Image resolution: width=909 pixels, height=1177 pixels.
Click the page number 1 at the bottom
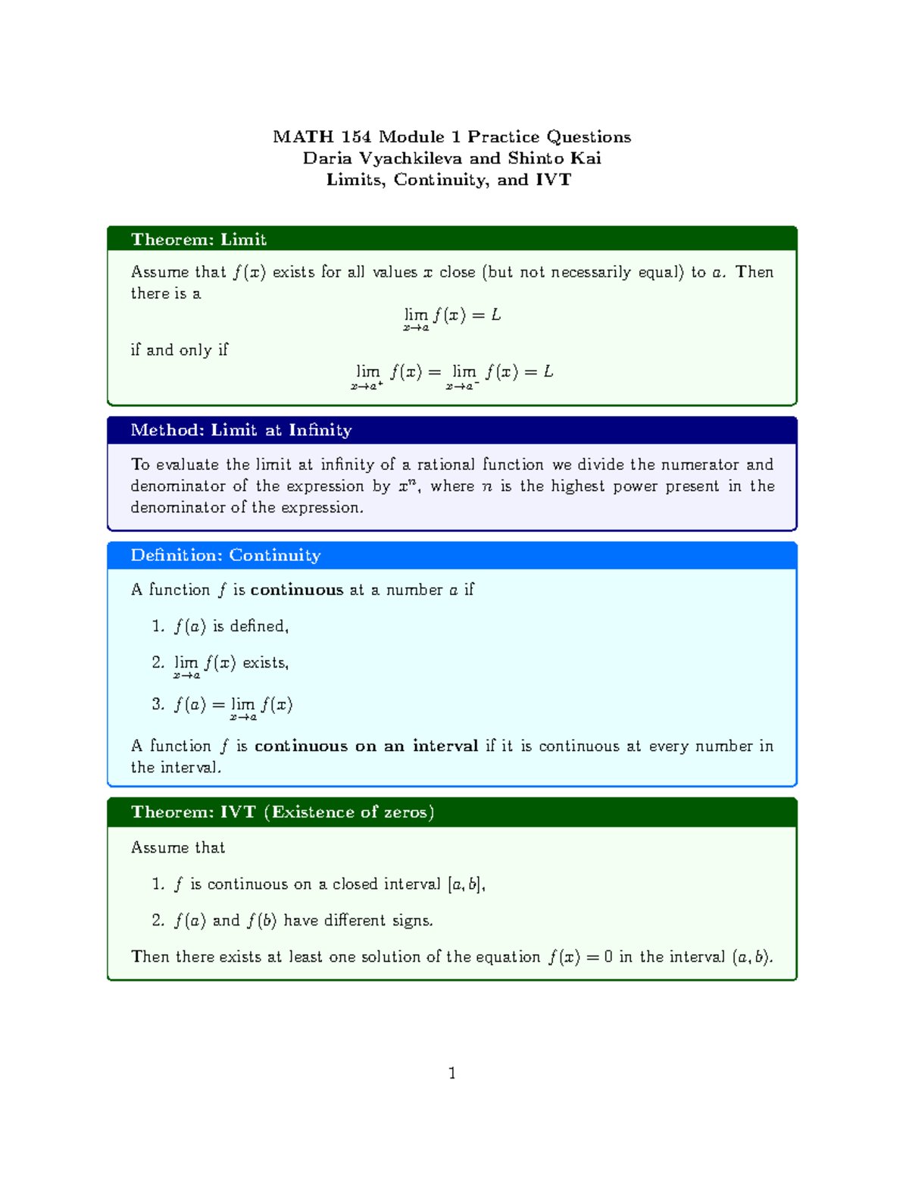451,1072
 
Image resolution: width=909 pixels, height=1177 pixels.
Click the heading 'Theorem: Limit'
198,239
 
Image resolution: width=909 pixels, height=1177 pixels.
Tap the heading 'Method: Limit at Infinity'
241,430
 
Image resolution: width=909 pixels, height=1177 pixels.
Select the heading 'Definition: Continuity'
226,556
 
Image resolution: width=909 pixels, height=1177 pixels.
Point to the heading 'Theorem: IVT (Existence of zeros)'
283,812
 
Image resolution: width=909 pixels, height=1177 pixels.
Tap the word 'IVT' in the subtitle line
553,180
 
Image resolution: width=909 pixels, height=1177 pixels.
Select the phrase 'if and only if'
180,350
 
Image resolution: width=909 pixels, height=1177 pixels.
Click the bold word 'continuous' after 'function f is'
297,590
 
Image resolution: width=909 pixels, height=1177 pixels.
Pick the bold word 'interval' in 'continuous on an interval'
445,746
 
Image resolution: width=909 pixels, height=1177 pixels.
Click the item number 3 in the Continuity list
158,704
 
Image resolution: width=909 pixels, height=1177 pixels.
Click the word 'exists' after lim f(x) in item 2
264,662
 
